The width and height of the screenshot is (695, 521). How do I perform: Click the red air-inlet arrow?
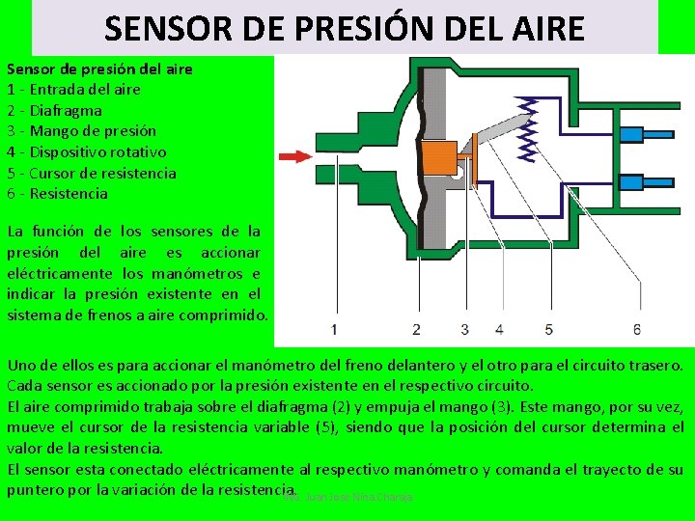tap(293, 155)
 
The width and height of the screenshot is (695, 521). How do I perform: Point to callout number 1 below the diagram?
tap(334, 329)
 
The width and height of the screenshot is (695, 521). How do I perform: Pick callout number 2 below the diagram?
tap(416, 329)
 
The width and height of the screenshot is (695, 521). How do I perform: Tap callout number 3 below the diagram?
tap(464, 329)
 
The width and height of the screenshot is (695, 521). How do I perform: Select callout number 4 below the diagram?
tap(499, 329)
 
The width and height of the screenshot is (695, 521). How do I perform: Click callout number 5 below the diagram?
tap(548, 329)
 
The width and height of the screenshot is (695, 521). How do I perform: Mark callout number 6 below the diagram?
tap(637, 329)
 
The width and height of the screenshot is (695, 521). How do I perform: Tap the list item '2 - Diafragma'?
tap(54, 110)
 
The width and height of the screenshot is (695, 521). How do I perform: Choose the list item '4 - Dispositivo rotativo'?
tap(86, 151)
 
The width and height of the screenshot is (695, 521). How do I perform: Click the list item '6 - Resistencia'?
tap(57, 193)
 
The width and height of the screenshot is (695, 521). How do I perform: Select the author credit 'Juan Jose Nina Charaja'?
tap(356, 496)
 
